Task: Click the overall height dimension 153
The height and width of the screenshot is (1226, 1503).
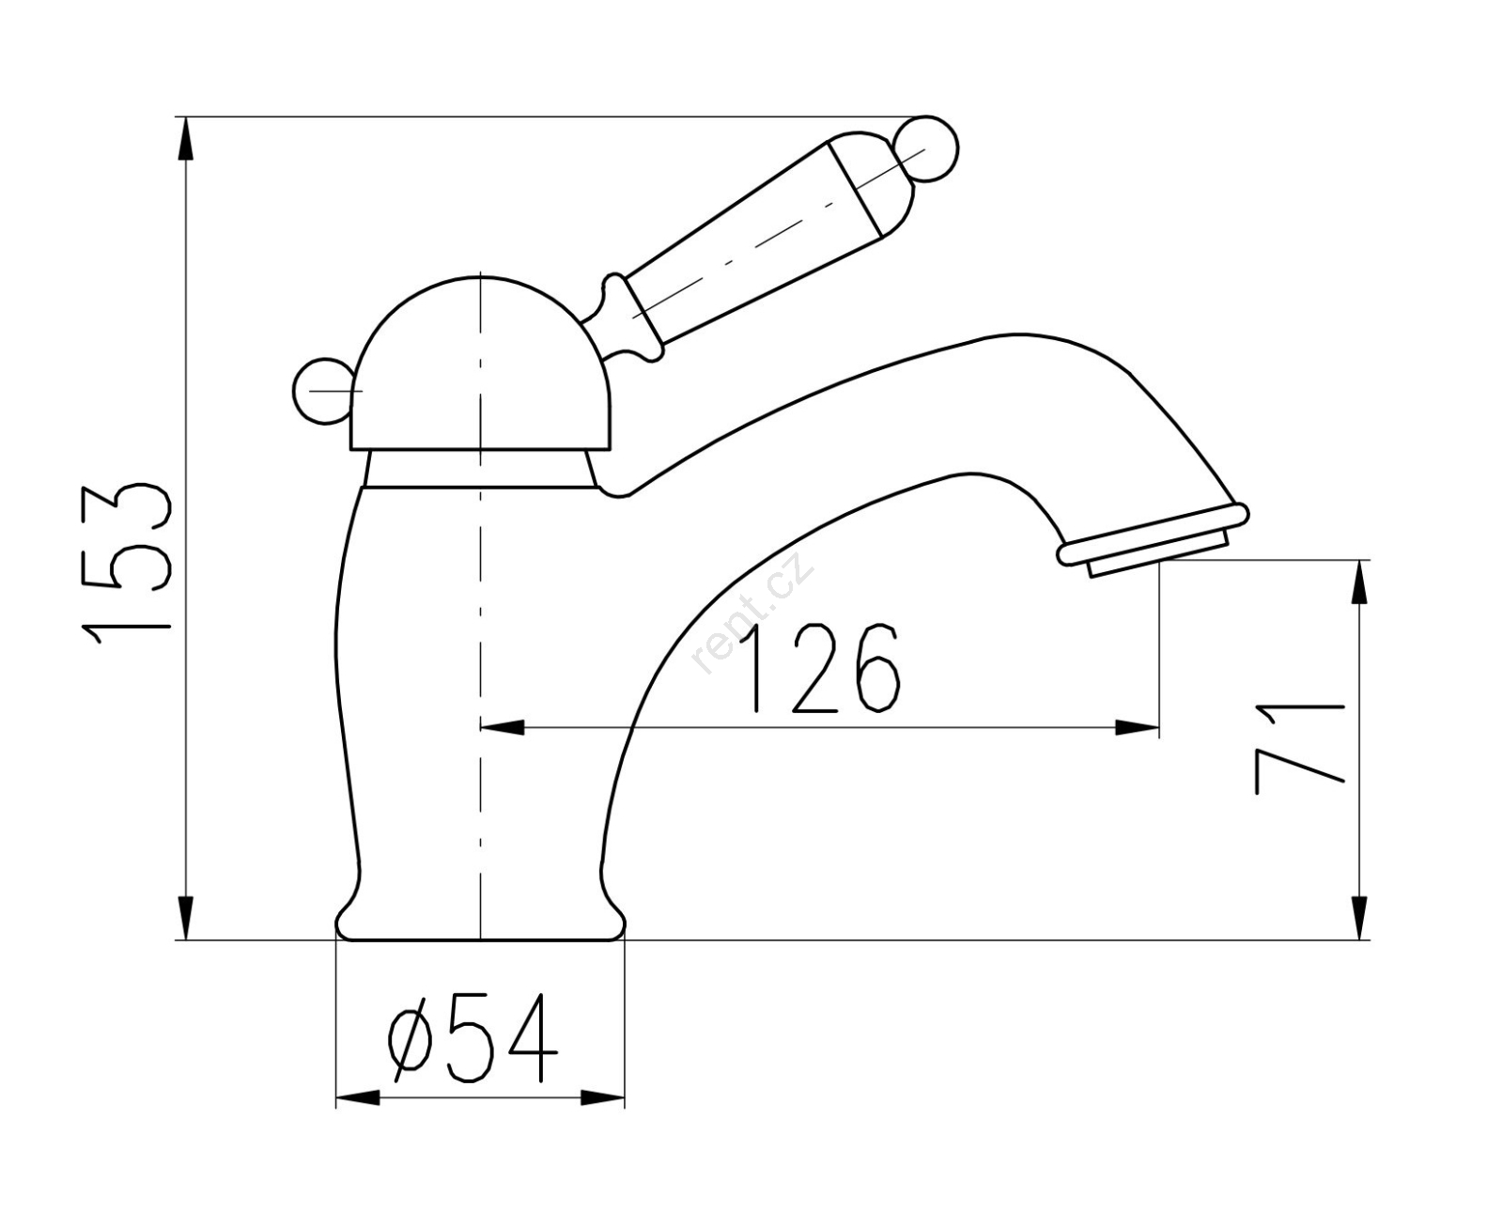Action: click(127, 566)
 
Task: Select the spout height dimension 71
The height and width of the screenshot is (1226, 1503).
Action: click(1299, 749)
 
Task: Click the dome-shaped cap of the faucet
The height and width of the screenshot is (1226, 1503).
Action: click(480, 364)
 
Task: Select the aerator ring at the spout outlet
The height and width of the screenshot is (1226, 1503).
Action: click(1154, 536)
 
